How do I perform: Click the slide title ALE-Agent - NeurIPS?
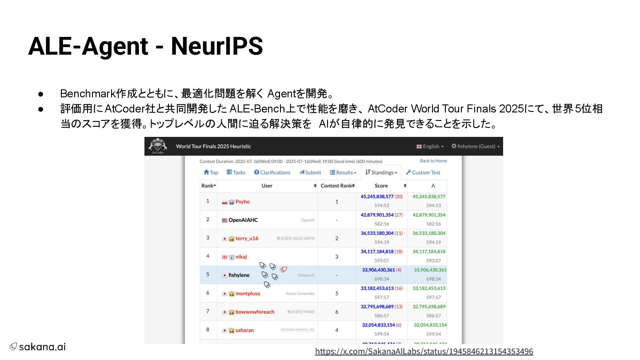pyautogui.click(x=145, y=46)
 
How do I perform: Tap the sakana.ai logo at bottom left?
pyautogui.click(x=38, y=347)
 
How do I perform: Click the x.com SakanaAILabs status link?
pyautogui.click(x=424, y=352)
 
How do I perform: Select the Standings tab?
pyautogui.click(x=381, y=172)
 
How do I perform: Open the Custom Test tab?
pyautogui.click(x=423, y=172)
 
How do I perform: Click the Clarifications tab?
pyautogui.click(x=272, y=172)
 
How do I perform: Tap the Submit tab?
pyautogui.click(x=310, y=172)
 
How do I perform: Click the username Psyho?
pyautogui.click(x=242, y=202)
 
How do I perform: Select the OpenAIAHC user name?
pyautogui.click(x=243, y=220)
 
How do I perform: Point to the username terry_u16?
pyautogui.click(x=247, y=239)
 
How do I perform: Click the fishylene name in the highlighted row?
pyautogui.click(x=239, y=275)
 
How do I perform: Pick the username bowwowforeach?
pyautogui.click(x=255, y=312)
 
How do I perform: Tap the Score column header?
pyautogui.click(x=381, y=186)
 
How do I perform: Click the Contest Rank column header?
pyautogui.click(x=336, y=186)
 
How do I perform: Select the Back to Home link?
pyautogui.click(x=433, y=161)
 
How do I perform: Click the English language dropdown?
pyautogui.click(x=430, y=146)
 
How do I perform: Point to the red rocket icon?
pyautogui.click(x=284, y=269)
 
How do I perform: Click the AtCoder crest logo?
pyautogui.click(x=157, y=145)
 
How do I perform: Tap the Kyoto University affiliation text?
pyautogui.click(x=300, y=293)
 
